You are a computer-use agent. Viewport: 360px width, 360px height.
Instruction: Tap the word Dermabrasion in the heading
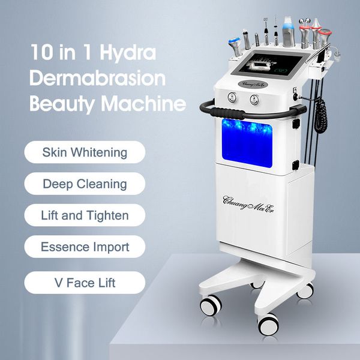coord(97,79)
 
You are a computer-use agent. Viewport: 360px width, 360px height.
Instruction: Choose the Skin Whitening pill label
coord(85,152)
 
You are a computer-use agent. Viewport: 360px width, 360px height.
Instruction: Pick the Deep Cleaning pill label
coord(85,184)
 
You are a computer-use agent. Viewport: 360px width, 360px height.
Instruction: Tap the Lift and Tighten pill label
coord(85,215)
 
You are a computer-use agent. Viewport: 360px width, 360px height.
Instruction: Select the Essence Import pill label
coord(85,247)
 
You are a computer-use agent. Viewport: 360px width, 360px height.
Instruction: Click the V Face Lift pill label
coord(85,282)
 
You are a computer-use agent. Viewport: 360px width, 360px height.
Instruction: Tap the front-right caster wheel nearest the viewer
coord(268,324)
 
